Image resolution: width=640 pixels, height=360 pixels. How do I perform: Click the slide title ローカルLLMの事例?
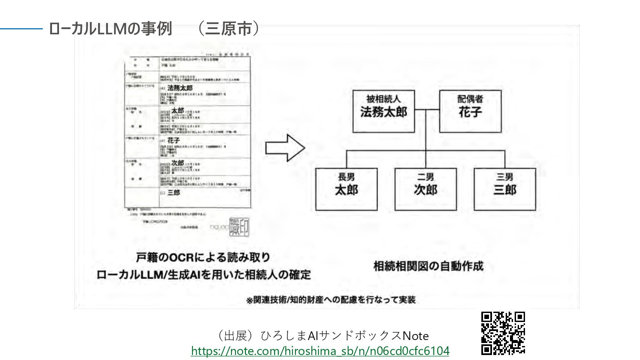tap(110, 29)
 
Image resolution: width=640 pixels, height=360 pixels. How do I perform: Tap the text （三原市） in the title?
tap(229, 29)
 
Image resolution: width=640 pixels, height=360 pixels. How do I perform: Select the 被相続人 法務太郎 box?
tap(384, 111)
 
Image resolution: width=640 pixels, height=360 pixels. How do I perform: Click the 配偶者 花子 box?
tap(470, 111)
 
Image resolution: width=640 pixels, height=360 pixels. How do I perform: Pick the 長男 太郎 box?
tap(346, 189)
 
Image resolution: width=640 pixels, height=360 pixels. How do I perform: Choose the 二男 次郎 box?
tap(426, 189)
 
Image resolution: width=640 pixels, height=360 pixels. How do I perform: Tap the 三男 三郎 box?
tap(505, 189)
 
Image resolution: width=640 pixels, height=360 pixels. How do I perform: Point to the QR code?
tap(503, 333)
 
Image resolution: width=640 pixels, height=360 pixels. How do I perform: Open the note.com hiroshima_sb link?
tap(320, 351)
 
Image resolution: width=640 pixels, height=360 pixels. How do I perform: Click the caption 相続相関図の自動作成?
tap(428, 266)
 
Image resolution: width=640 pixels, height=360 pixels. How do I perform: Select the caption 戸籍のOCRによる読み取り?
tap(203, 258)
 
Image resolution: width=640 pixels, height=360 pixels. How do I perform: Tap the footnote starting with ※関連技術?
tap(331, 300)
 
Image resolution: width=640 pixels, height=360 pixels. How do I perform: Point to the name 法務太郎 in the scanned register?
tap(180, 88)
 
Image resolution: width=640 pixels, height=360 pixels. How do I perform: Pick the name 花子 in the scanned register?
tap(174, 140)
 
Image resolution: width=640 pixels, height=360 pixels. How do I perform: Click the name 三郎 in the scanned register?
tap(174, 193)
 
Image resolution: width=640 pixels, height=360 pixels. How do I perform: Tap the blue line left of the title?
tap(21, 29)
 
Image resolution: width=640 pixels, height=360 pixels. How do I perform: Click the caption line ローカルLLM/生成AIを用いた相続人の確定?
tap(203, 275)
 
